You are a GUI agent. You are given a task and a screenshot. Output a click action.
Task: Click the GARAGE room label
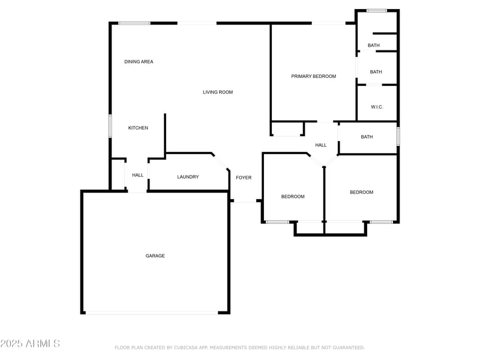(155, 256)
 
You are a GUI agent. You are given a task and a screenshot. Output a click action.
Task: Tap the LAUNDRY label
(188, 177)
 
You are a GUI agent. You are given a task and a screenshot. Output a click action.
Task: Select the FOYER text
(244, 178)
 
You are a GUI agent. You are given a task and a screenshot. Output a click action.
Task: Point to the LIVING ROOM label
(217, 92)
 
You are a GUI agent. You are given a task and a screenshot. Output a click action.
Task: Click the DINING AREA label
(139, 62)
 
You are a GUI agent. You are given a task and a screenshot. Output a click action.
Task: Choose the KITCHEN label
(138, 128)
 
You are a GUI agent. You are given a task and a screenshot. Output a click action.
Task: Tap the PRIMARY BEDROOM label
(313, 76)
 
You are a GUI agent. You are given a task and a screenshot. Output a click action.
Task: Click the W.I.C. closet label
(377, 107)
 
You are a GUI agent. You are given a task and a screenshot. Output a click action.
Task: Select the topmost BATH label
(374, 46)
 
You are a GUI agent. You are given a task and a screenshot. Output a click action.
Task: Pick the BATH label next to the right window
(367, 137)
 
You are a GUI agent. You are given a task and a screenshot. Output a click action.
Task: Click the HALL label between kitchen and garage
(138, 175)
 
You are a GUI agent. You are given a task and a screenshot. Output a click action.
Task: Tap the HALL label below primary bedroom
(321, 145)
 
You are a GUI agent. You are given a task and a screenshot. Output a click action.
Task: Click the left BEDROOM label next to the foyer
(293, 197)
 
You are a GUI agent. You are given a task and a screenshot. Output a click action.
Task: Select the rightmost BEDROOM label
(361, 192)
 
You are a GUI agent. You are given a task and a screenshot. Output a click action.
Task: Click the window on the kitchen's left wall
(110, 126)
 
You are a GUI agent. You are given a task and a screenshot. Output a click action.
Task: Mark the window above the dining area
(134, 23)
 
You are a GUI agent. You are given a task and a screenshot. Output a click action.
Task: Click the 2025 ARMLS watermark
(30, 344)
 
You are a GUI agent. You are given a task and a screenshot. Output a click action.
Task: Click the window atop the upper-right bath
(376, 10)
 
